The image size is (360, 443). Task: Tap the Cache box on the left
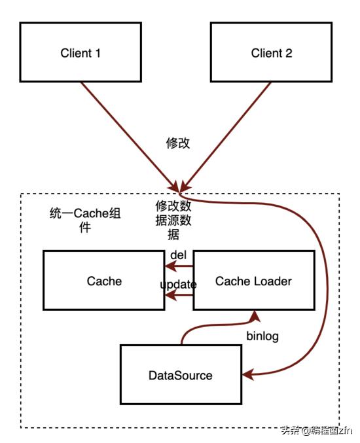(104, 281)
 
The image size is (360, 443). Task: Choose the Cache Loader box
(253, 281)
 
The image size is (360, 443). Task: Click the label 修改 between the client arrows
(178, 143)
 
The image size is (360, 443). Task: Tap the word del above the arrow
(179, 254)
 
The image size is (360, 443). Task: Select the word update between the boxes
(178, 285)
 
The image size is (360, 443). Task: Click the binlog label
(262, 336)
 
